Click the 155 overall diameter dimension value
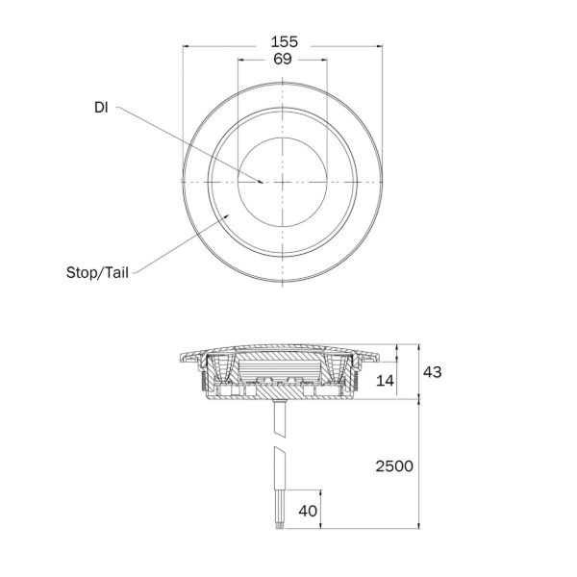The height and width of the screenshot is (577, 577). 284,41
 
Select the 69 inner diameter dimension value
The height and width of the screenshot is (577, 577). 284,59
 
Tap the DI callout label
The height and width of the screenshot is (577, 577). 101,108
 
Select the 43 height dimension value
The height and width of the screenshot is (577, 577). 431,372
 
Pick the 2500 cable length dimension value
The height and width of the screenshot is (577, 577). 393,465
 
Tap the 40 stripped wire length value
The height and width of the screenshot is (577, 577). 308,511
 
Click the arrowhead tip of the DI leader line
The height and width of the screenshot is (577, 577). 263,180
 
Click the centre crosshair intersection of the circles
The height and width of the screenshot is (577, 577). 284,181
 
